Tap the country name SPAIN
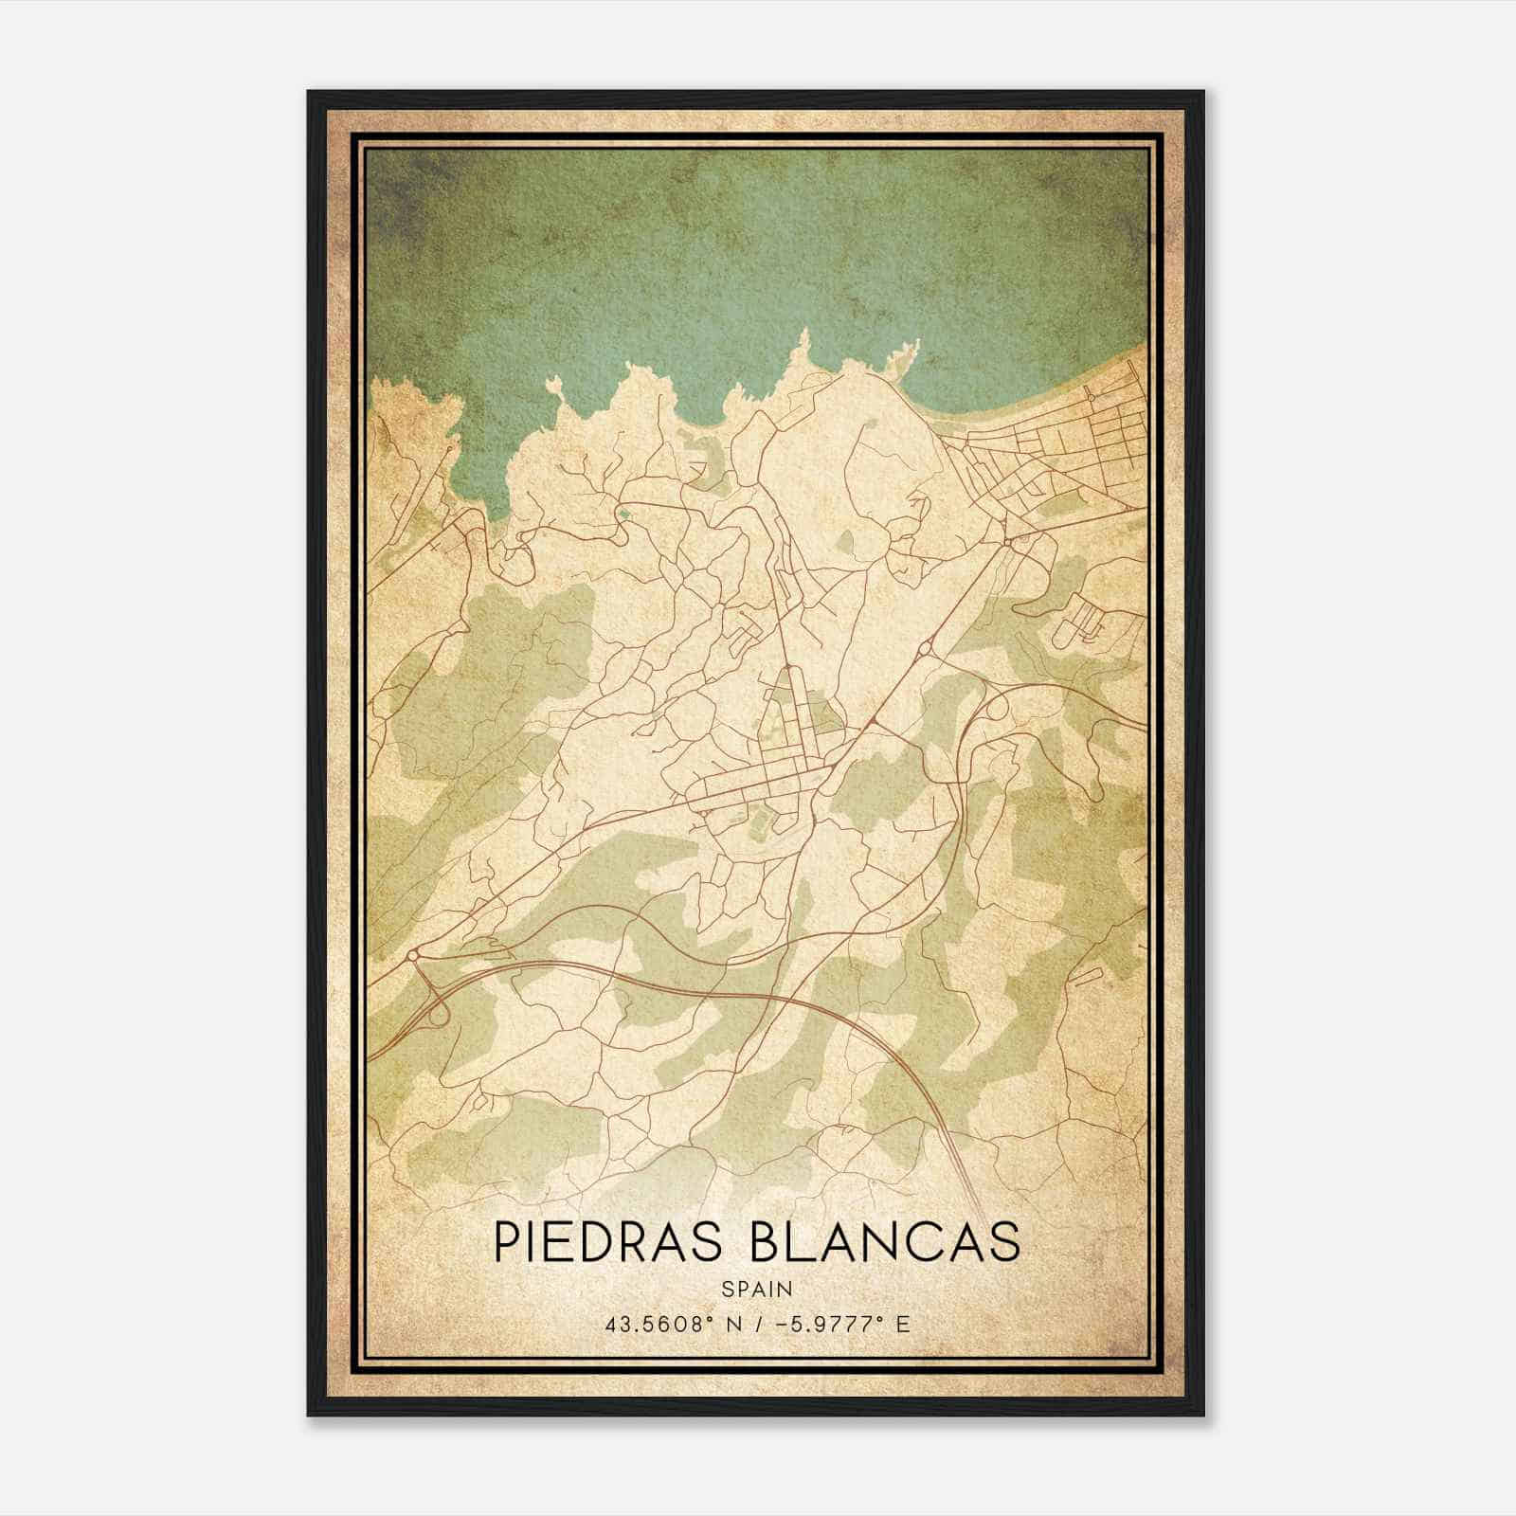point(757,1289)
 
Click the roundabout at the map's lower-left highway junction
point(413,955)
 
